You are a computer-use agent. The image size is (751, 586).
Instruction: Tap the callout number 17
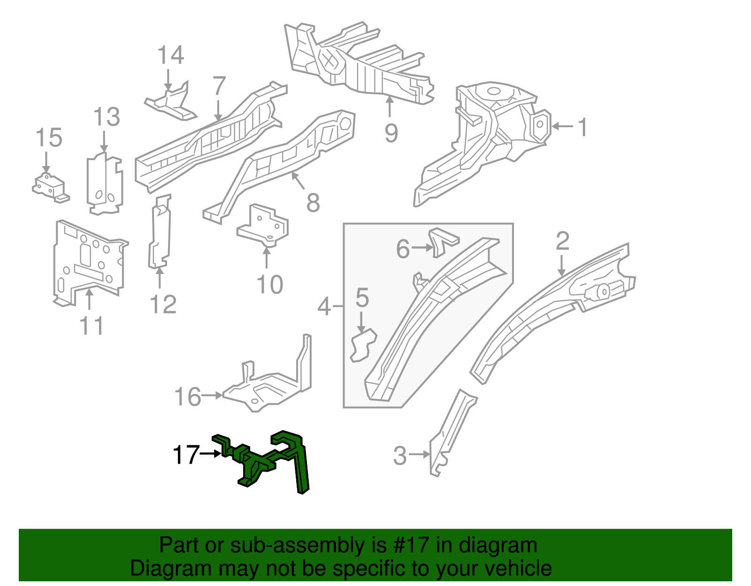[x=186, y=455]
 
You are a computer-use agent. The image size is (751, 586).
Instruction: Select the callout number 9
[x=391, y=133]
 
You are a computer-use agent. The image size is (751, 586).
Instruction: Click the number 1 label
[x=582, y=127]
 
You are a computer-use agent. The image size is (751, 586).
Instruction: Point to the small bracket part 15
[x=49, y=187]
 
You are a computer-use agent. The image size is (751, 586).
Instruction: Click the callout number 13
[x=107, y=117]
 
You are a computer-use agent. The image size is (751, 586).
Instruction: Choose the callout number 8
[x=313, y=203]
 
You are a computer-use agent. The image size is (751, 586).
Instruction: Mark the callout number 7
[x=219, y=86]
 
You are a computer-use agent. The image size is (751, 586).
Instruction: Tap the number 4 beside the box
[x=324, y=307]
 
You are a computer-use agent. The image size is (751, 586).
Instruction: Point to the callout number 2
[x=562, y=241]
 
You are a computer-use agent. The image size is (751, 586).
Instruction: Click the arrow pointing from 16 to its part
[x=213, y=396]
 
